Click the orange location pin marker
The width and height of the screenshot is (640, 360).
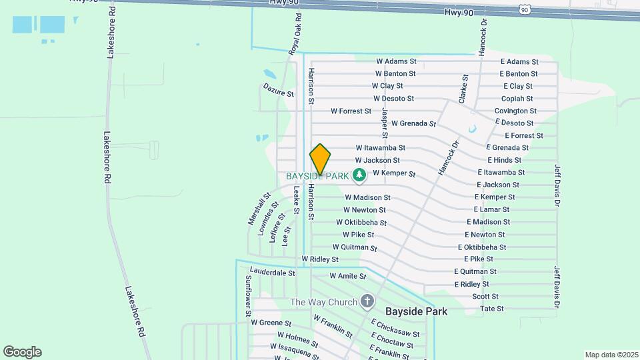pyautogui.click(x=320, y=159)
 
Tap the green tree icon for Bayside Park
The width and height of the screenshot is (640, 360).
pyautogui.click(x=360, y=175)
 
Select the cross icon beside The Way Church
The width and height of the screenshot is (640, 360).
pyautogui.click(x=367, y=302)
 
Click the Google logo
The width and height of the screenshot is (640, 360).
pyautogui.click(x=22, y=352)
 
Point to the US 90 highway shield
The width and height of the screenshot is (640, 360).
pyautogui.click(x=526, y=9)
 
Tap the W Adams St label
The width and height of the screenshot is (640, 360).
pyautogui.click(x=396, y=61)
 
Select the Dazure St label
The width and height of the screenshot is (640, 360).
pyautogui.click(x=278, y=91)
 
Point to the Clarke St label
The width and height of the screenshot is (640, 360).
pyautogui.click(x=463, y=88)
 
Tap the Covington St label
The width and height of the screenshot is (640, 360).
pyautogui.click(x=515, y=111)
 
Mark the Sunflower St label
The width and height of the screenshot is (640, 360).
pyautogui.click(x=247, y=295)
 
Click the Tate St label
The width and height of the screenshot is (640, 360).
pyautogui.click(x=491, y=309)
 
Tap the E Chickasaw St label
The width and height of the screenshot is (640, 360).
pyautogui.click(x=395, y=329)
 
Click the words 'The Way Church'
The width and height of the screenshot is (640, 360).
pyautogui.click(x=324, y=302)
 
